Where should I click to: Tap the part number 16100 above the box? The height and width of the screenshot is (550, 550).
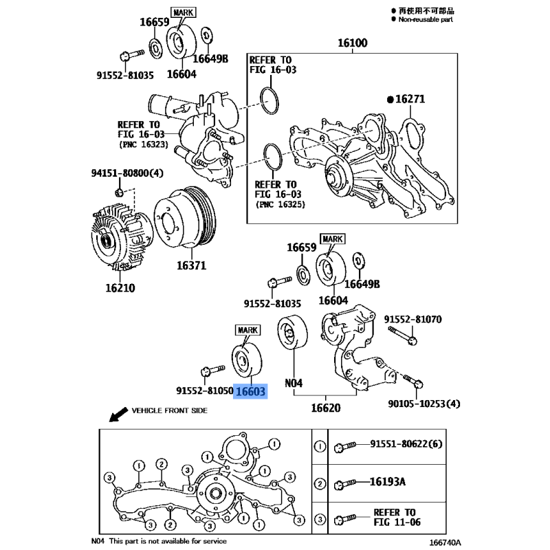(x=352, y=43)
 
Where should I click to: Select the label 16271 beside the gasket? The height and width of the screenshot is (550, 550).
(x=410, y=100)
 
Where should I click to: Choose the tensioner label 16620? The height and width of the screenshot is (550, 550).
(x=326, y=408)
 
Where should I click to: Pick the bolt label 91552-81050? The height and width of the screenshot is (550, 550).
(x=203, y=390)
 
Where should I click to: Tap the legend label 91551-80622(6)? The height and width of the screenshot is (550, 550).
(x=405, y=445)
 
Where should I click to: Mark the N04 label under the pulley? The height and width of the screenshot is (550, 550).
(x=294, y=383)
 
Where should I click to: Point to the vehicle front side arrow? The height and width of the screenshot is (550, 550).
(x=118, y=412)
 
